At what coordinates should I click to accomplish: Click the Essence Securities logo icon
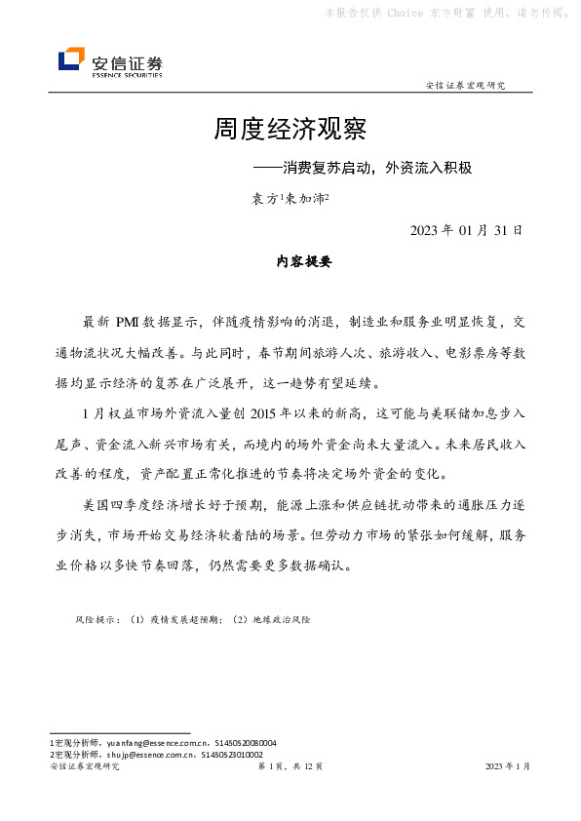(71, 60)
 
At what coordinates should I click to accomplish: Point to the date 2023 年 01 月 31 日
(468, 231)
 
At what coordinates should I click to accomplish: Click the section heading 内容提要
(290, 261)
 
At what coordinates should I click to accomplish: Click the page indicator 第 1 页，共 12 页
(290, 767)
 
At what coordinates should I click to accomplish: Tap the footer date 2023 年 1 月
(508, 767)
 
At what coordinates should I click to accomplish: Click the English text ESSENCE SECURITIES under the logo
(127, 74)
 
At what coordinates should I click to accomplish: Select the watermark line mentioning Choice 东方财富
(446, 14)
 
